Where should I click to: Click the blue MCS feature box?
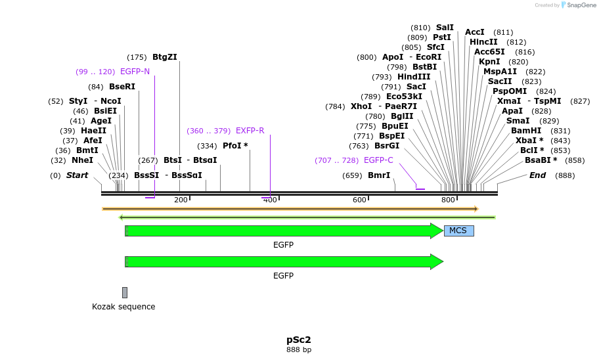click(458, 231)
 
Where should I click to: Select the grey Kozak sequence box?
click(125, 292)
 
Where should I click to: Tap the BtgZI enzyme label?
click(165, 57)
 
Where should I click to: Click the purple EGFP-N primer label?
click(135, 72)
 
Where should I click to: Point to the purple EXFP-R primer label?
click(250, 131)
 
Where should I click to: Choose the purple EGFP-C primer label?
click(378, 160)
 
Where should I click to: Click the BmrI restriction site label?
click(379, 175)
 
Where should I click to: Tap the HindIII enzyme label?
click(414, 77)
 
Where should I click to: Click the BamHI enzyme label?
click(526, 131)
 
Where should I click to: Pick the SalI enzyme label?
click(445, 28)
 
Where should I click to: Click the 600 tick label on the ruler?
click(359, 200)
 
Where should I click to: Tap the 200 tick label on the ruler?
click(181, 200)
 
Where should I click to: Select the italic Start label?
click(77, 175)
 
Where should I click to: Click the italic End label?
click(537, 175)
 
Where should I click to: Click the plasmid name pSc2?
click(299, 340)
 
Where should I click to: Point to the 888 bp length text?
click(299, 350)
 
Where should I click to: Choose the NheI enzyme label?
click(82, 160)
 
